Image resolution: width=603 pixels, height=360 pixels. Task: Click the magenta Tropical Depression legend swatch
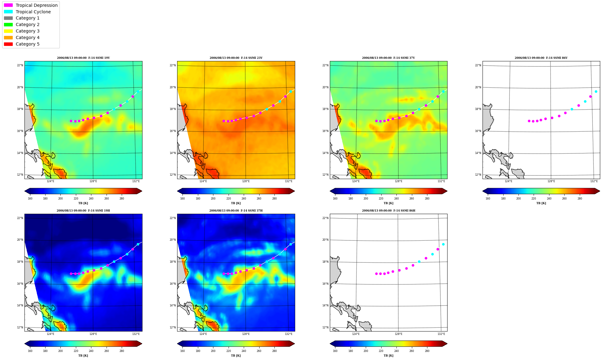click(x=8, y=5)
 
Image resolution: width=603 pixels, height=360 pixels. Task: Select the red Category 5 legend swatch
click(x=8, y=44)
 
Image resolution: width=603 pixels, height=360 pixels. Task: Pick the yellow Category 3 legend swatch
click(x=8, y=31)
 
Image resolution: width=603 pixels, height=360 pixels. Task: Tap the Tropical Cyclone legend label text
click(x=33, y=12)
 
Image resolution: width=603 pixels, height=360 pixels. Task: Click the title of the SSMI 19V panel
click(x=83, y=58)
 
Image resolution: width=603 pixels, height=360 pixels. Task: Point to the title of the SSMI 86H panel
click(x=389, y=211)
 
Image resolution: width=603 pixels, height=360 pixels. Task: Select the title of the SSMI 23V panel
click(x=236, y=58)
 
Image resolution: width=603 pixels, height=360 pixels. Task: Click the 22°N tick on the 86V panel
click(x=478, y=65)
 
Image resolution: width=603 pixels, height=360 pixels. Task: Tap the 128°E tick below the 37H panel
click(x=246, y=334)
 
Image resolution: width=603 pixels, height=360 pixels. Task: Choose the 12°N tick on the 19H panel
click(x=20, y=327)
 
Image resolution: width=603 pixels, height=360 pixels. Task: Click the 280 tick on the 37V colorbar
click(x=427, y=199)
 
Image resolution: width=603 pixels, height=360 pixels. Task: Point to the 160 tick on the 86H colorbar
click(x=335, y=351)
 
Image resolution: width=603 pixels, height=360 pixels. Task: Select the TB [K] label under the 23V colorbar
click(x=236, y=203)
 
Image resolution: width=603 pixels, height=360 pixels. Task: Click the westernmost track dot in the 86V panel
click(x=529, y=121)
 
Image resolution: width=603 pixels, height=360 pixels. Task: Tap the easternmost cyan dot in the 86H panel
click(x=443, y=244)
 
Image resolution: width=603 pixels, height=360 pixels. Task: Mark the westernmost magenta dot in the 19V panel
click(x=71, y=121)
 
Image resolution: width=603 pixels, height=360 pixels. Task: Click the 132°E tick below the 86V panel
click(x=594, y=181)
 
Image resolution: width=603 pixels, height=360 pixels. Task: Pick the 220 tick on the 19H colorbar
click(x=76, y=351)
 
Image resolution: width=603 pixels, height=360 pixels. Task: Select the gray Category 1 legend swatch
click(x=8, y=18)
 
